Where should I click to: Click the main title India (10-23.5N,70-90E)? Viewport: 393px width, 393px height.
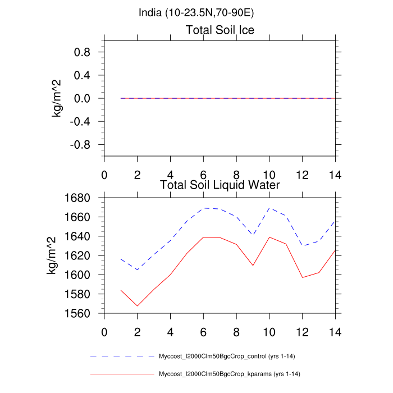[x=196, y=12]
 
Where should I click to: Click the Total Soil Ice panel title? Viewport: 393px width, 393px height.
[x=220, y=30]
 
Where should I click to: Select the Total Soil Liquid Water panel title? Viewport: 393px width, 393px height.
[x=220, y=184]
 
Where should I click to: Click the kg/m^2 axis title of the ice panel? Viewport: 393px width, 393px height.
[x=57, y=98]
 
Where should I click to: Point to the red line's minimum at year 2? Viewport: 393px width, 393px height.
[x=138, y=306]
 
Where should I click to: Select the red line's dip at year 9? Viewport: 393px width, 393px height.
[x=253, y=265]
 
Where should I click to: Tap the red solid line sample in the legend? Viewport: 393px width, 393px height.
[x=121, y=374]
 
